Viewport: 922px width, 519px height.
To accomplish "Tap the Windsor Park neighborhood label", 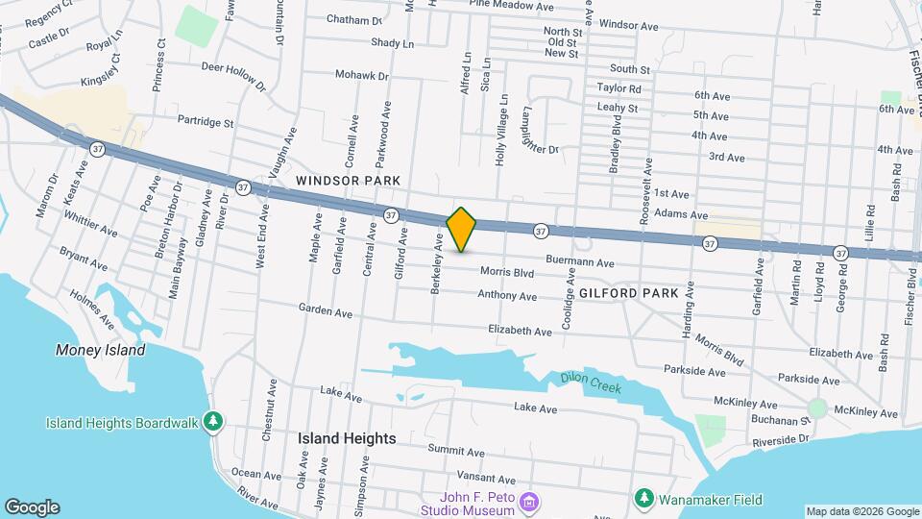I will click(334, 181).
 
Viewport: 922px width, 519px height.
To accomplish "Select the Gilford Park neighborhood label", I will click(629, 291).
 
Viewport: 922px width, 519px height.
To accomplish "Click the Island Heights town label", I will click(347, 438).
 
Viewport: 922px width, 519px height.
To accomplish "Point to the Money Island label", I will click(101, 350).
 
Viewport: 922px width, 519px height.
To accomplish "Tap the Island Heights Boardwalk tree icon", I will click(215, 423).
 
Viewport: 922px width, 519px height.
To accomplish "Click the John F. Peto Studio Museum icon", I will click(526, 500).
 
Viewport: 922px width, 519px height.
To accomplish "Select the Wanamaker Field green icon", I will click(644, 500).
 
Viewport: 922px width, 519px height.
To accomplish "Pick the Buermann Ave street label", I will click(579, 262).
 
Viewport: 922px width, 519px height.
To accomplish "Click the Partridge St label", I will click(206, 122).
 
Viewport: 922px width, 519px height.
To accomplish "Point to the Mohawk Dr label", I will click(362, 74).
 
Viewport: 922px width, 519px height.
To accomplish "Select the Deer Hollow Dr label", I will click(233, 74).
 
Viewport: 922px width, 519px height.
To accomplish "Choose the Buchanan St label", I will click(780, 420).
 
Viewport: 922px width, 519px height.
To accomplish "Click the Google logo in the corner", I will click(31, 507).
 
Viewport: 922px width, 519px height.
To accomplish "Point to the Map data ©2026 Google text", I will click(861, 511).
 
